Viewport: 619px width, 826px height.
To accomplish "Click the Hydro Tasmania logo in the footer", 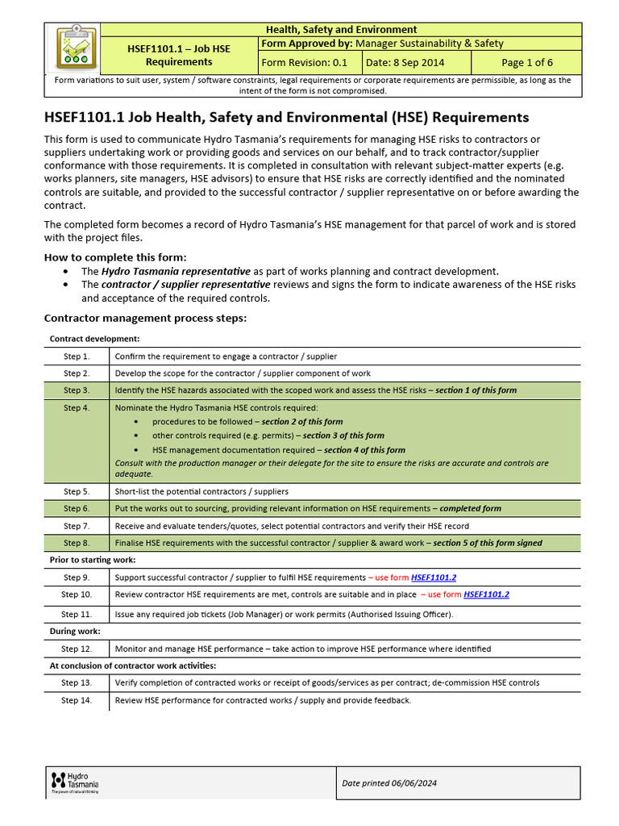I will [75, 782].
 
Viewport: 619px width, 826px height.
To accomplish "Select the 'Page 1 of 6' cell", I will [527, 62].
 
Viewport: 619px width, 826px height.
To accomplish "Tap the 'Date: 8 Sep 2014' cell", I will [416, 62].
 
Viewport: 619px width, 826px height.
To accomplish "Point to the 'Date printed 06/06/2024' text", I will [389, 782].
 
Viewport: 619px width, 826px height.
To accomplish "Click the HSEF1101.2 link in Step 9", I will [434, 578].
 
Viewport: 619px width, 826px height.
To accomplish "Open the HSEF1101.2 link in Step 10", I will [486, 594].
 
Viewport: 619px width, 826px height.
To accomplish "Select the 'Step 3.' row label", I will [77, 390].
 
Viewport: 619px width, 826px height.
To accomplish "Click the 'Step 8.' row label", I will [77, 543].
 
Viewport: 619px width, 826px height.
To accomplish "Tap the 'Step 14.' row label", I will [77, 700].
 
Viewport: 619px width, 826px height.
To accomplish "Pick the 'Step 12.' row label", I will [77, 649].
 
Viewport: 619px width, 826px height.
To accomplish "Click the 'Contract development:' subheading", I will [94, 339].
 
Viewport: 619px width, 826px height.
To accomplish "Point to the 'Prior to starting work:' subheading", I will [93, 560].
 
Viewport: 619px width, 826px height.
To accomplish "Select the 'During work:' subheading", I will [75, 632].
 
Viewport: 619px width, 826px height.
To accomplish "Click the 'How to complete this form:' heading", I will [117, 257].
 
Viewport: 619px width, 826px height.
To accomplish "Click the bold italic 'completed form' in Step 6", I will [470, 508].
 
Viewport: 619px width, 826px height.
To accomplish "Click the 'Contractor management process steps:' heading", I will [145, 318].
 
